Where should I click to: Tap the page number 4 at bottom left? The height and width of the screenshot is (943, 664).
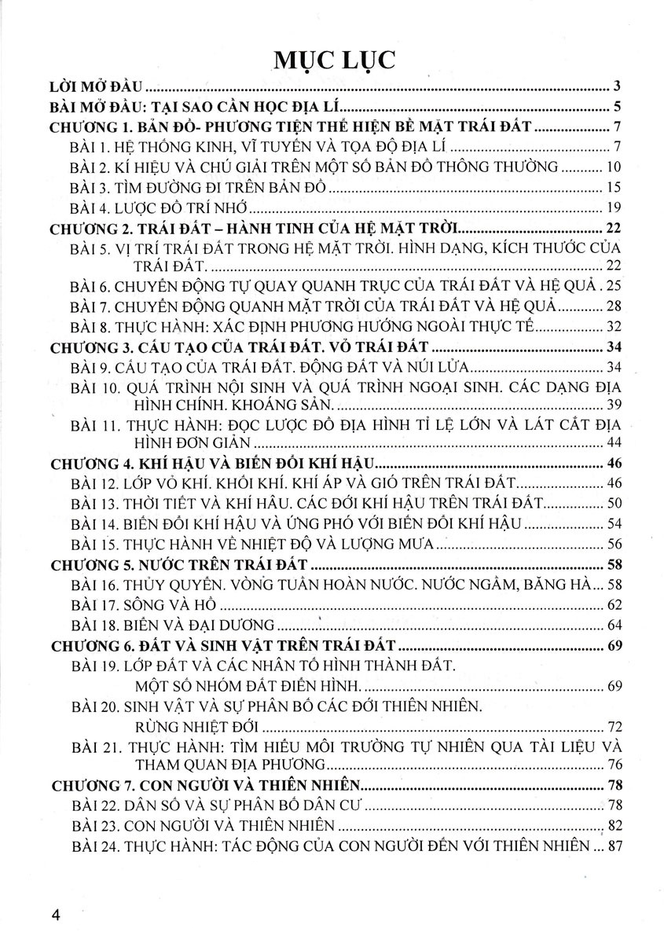[55, 915]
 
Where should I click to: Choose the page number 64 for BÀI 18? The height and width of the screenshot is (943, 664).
[614, 626]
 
